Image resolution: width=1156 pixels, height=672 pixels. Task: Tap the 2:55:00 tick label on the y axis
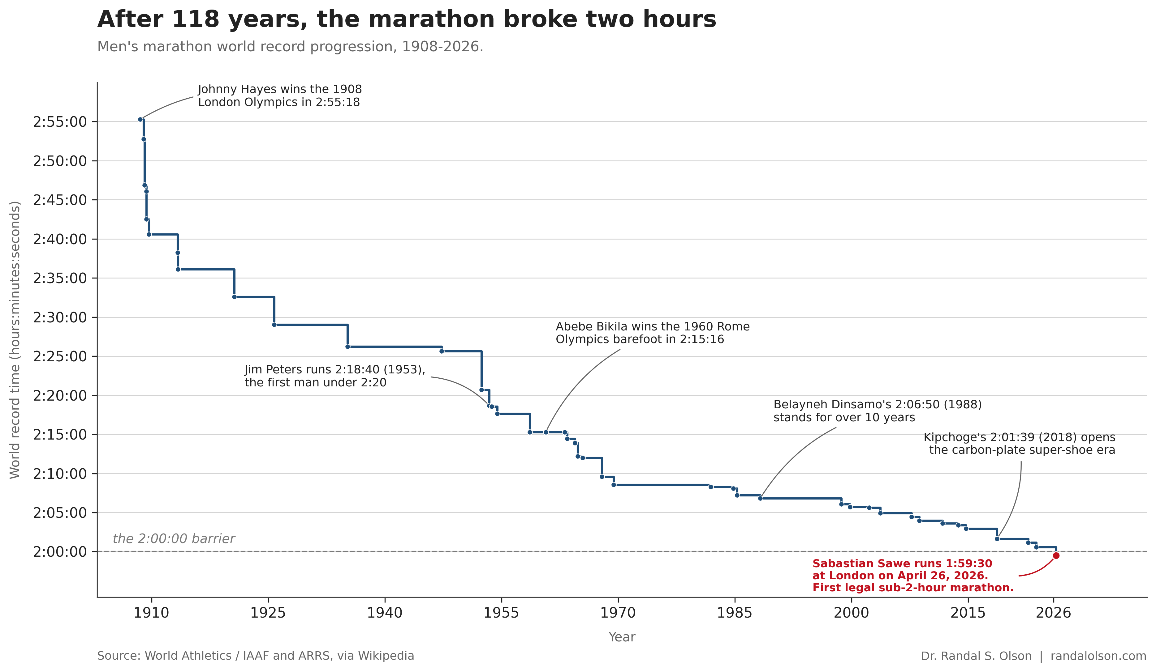coord(60,122)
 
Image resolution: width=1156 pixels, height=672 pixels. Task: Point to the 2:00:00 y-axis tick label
coord(60,552)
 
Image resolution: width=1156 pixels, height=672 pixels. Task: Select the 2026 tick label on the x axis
coord(1053,613)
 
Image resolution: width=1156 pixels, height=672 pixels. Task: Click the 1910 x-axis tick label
coord(151,613)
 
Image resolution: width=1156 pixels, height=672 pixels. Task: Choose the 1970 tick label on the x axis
coord(618,613)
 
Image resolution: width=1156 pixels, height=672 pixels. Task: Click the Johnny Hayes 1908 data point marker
coord(140,120)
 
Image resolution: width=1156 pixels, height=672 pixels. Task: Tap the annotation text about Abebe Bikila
coord(652,333)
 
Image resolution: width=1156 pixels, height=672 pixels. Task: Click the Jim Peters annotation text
coord(335,376)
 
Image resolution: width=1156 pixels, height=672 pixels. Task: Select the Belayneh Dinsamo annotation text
coord(877,411)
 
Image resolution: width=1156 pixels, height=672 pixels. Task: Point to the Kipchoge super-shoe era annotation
coord(1019,444)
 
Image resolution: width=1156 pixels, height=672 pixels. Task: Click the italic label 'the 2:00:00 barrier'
coord(174,539)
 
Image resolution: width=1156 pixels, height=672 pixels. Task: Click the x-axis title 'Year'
coord(622,637)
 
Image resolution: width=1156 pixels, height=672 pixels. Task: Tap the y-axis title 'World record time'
coord(15,340)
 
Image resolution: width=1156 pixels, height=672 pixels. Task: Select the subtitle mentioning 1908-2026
coord(290,47)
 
